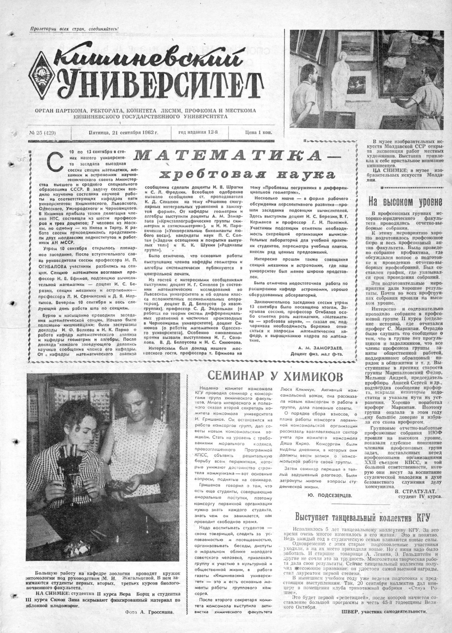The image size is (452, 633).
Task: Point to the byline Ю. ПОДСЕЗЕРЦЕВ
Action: [330, 495]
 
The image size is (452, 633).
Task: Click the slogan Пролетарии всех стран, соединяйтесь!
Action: [75, 28]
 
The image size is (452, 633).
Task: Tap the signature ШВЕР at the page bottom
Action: [349, 612]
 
